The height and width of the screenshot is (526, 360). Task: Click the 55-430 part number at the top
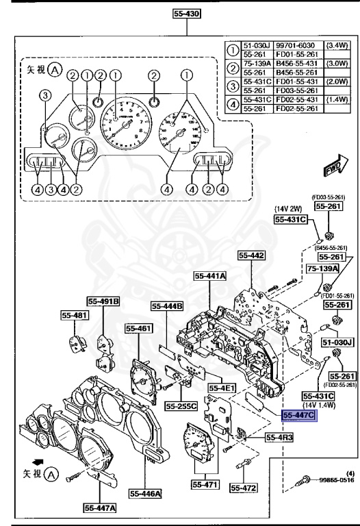188,13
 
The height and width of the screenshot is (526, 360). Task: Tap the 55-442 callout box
251,255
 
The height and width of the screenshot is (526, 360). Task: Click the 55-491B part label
103,301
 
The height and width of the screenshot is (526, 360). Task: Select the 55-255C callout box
181,405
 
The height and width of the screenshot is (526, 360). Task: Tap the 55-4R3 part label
262,437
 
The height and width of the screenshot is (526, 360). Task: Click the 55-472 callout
242,488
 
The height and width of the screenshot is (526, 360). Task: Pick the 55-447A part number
100,508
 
